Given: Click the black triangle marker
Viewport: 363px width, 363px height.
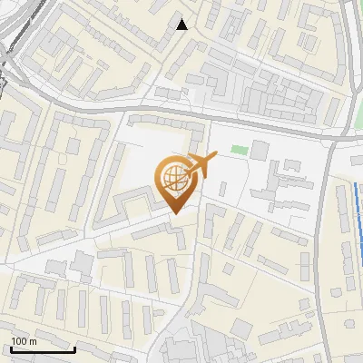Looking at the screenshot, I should (x=182, y=25).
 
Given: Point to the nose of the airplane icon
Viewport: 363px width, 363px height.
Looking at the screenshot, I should (x=215, y=156).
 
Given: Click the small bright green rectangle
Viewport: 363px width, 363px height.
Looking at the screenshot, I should (x=239, y=149).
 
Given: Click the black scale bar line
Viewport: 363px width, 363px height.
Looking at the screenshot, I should (x=42, y=349).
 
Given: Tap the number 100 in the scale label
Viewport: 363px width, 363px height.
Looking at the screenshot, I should (x=19, y=341).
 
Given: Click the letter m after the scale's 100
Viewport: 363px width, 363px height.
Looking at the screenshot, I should (x=32, y=341).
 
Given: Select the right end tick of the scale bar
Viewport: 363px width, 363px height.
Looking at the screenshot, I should (x=74, y=348).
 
